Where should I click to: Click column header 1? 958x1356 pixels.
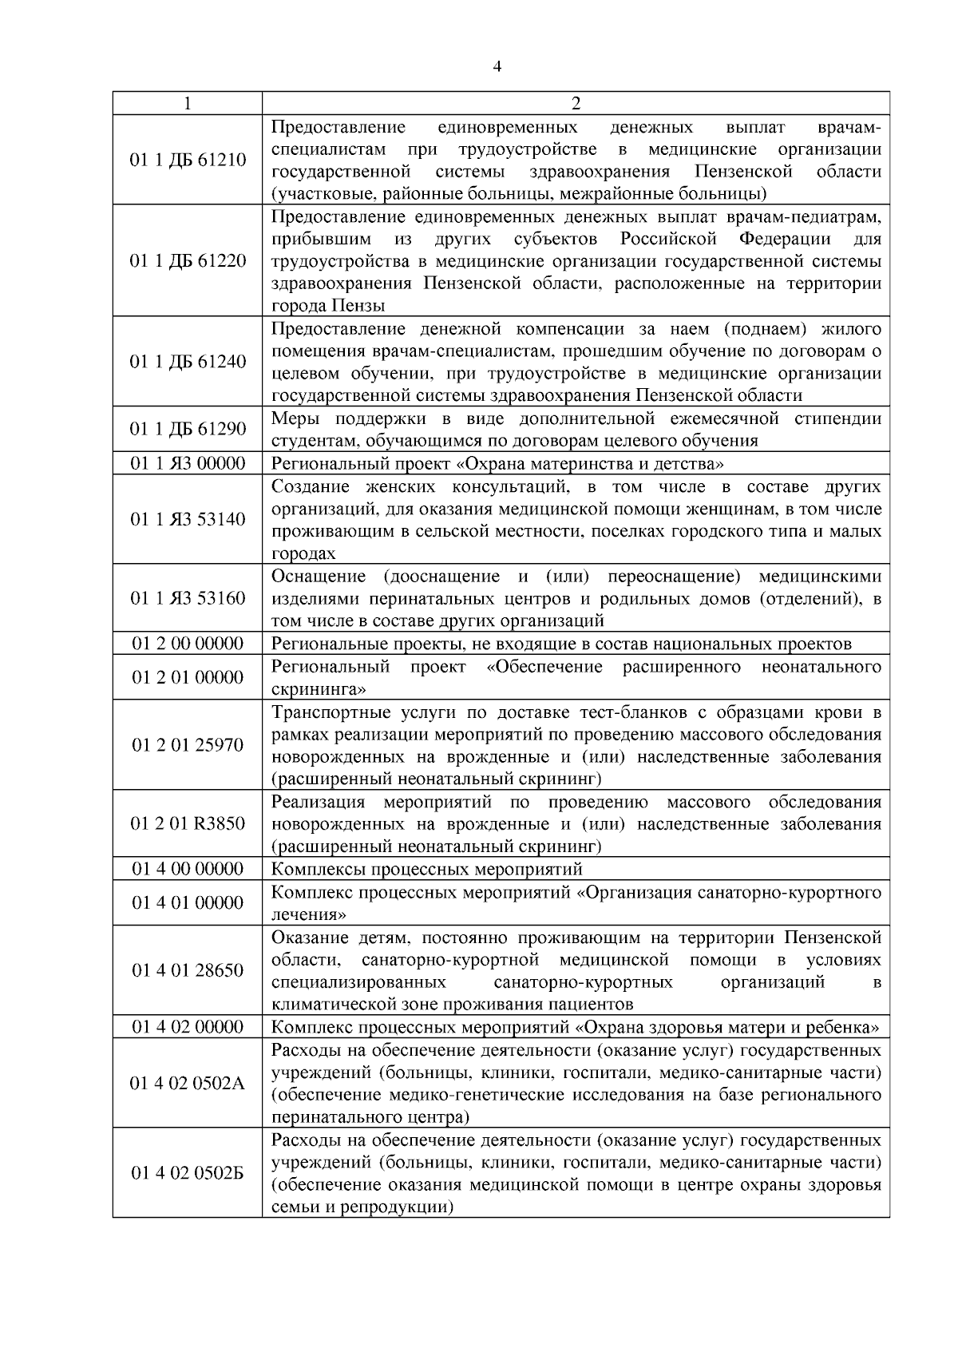tap(188, 104)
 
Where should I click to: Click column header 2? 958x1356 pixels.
tap(576, 104)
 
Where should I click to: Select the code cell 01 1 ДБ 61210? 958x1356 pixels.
tap(188, 161)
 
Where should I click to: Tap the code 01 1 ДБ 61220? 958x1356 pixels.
tap(188, 261)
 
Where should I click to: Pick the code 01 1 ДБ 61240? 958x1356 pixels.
tap(188, 362)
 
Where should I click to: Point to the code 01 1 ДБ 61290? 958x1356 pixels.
tap(188, 430)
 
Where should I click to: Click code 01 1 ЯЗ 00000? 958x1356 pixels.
tap(188, 463)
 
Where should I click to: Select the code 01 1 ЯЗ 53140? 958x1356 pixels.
tap(188, 520)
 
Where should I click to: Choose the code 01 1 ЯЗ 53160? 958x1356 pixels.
tap(188, 598)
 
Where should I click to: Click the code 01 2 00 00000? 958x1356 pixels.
tap(188, 644)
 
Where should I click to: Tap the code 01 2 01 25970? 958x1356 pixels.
tap(188, 745)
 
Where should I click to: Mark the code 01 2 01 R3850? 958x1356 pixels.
tap(188, 823)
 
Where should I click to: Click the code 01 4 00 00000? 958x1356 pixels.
tap(188, 869)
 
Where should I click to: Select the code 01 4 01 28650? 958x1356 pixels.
tap(188, 970)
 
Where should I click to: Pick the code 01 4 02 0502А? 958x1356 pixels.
tap(188, 1084)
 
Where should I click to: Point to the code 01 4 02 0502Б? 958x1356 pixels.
tap(188, 1173)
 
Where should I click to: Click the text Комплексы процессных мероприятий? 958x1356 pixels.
tap(427, 869)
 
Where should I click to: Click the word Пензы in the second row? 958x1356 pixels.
tap(356, 306)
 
